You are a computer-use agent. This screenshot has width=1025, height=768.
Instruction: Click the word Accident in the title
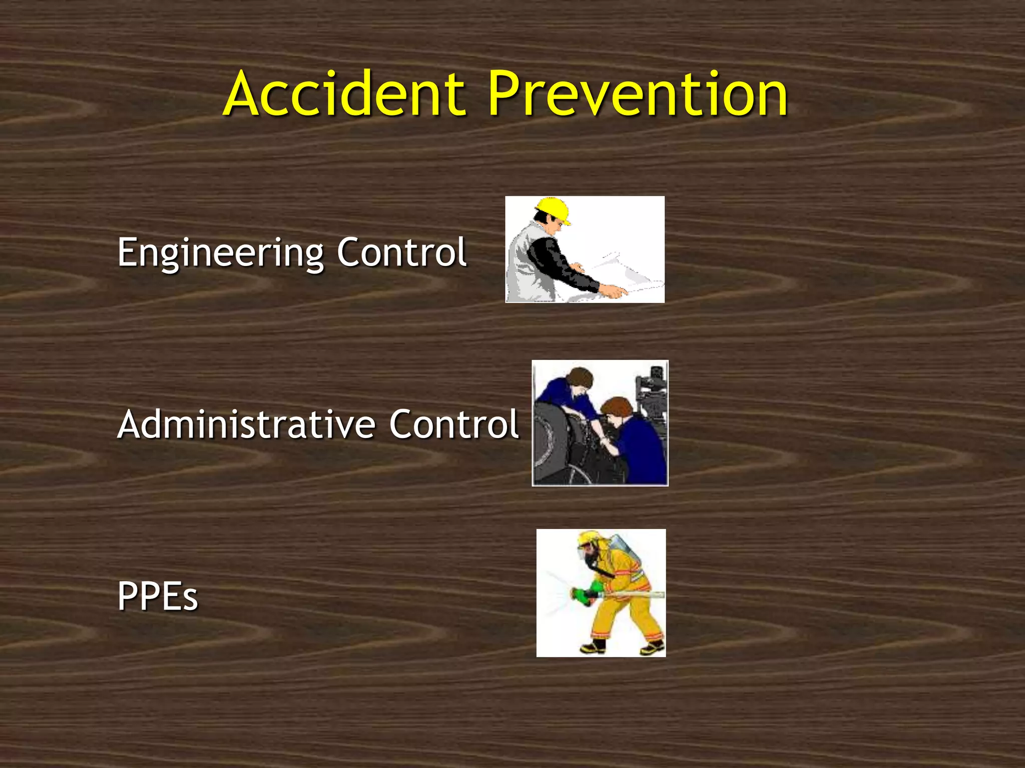345,94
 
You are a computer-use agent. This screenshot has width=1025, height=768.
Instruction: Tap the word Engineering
220,253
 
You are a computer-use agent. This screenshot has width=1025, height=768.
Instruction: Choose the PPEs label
158,596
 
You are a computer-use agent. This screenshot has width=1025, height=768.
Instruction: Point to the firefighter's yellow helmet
591,539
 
